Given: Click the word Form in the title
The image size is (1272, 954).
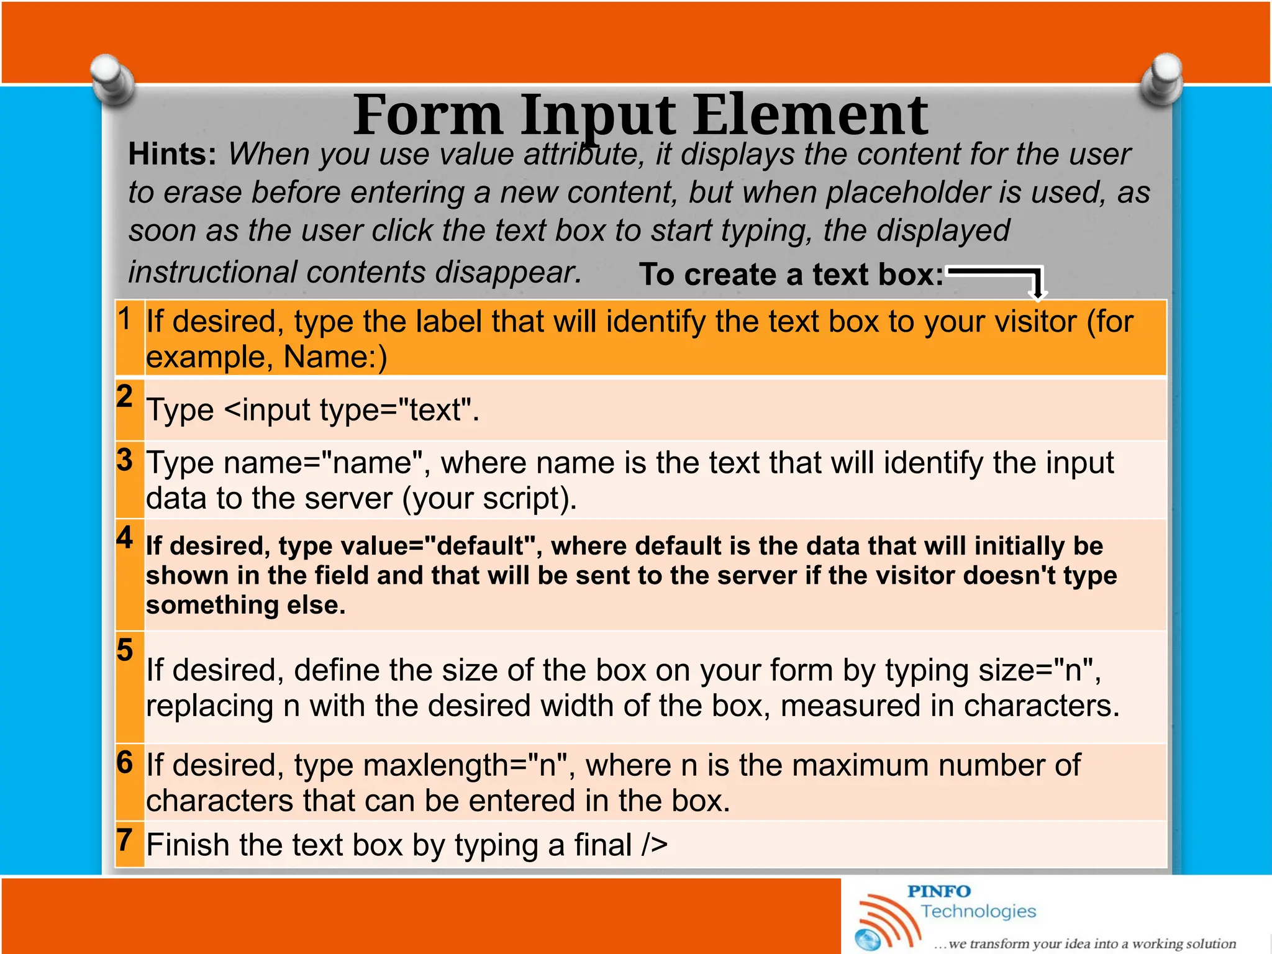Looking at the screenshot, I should click(x=428, y=115).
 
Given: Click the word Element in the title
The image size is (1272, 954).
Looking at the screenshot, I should click(x=810, y=115).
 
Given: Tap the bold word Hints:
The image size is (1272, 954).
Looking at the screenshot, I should click(x=172, y=154).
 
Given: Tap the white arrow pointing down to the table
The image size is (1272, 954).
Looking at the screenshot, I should click(x=1036, y=284).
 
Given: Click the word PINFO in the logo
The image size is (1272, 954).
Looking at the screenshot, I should click(x=938, y=891).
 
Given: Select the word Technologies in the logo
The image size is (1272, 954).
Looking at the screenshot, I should click(x=978, y=911).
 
